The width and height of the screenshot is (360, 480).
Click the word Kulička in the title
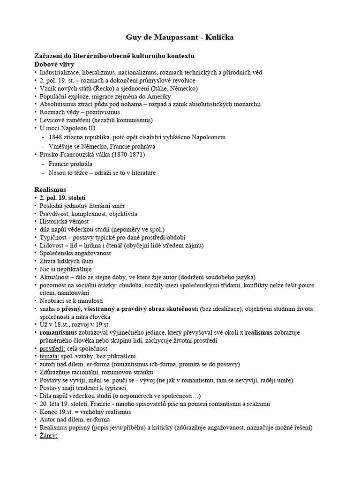pos(217,37)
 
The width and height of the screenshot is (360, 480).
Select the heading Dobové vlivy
pos(54,64)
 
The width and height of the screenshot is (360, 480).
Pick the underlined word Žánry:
pos(48,436)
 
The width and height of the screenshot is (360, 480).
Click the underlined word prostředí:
pos(53,348)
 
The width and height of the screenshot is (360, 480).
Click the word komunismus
pos(135,120)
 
